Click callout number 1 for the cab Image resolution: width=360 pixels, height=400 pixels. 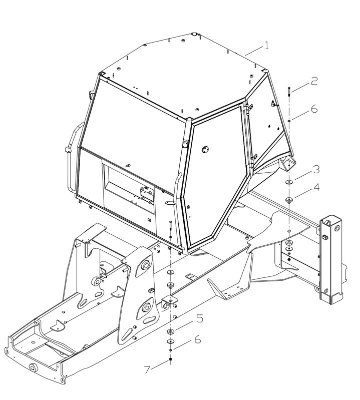point(266,46)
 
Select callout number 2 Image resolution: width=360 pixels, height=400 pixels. point(314,81)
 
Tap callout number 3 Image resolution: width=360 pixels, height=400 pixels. point(316,169)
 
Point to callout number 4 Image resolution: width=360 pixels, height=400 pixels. point(316,188)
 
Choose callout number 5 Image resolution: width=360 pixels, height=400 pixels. point(200,319)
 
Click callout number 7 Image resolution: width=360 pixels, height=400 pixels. point(147,370)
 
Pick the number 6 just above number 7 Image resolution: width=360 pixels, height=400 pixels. point(197,339)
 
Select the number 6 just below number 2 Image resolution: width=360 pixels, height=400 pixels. point(314,109)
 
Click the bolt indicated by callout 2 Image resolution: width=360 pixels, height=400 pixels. point(289,91)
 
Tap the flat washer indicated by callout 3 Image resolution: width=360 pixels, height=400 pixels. point(289,182)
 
